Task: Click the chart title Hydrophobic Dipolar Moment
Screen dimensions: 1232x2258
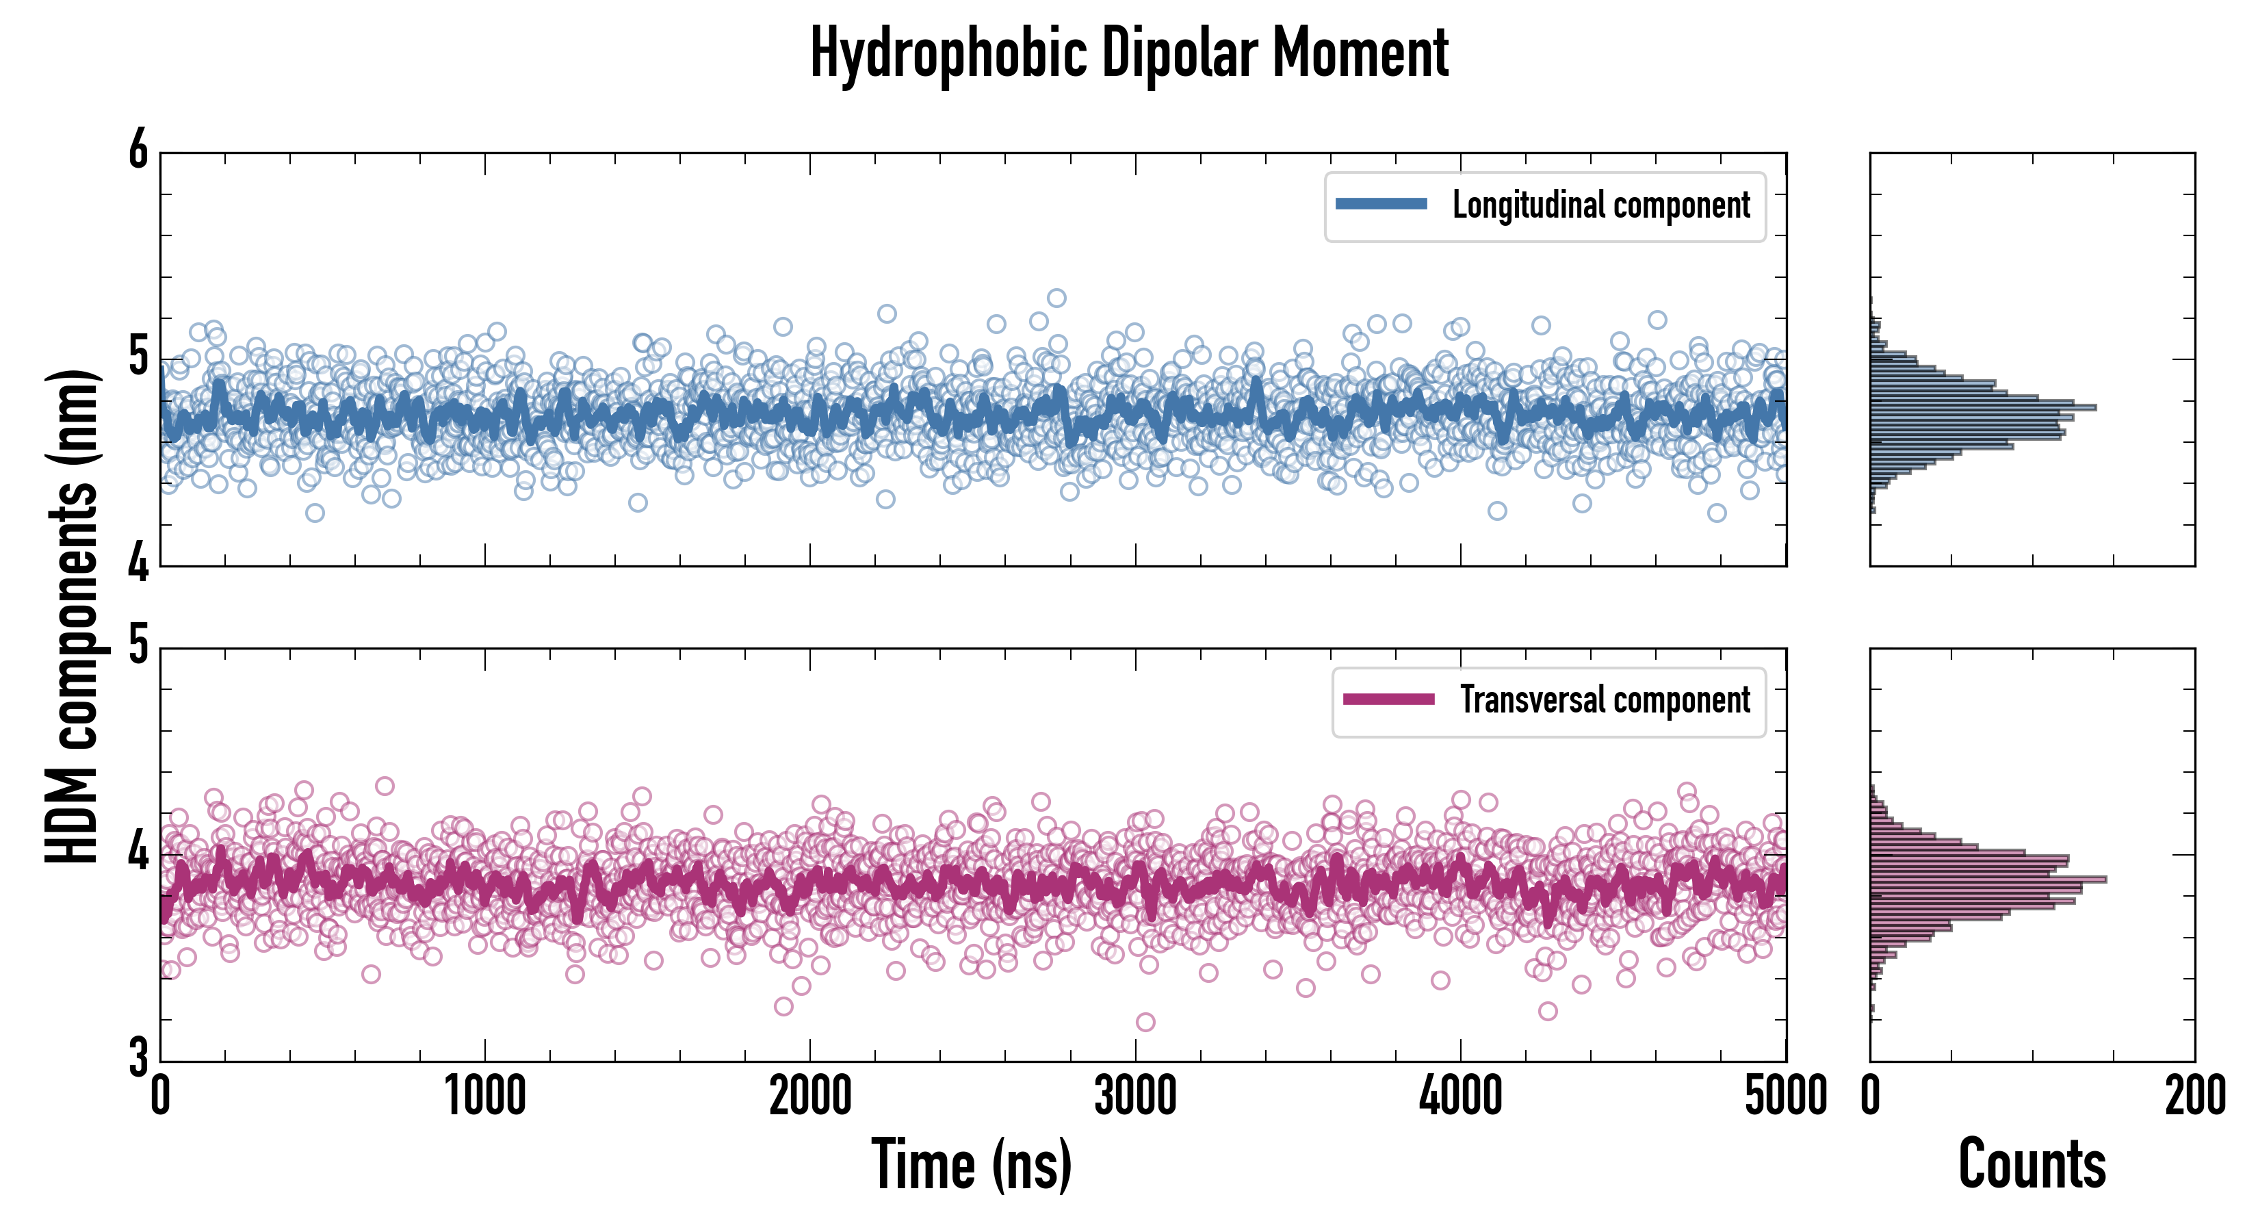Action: click(x=1129, y=54)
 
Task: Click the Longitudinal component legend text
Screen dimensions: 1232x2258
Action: click(x=1600, y=205)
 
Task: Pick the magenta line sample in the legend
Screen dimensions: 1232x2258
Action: click(x=1388, y=700)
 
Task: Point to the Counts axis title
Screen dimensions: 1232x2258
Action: click(x=2032, y=1164)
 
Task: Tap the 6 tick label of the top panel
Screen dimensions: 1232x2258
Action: click(x=138, y=151)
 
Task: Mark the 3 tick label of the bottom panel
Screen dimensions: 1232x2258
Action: click(x=138, y=1057)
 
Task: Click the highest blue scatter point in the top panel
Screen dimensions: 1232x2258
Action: click(x=1057, y=298)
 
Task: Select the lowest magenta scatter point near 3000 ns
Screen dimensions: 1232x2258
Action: click(x=1145, y=1023)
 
